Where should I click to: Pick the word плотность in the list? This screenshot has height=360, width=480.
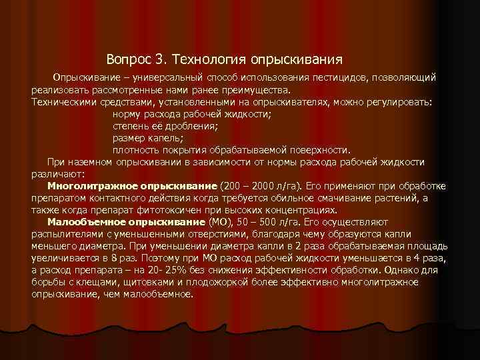click(x=133, y=150)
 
